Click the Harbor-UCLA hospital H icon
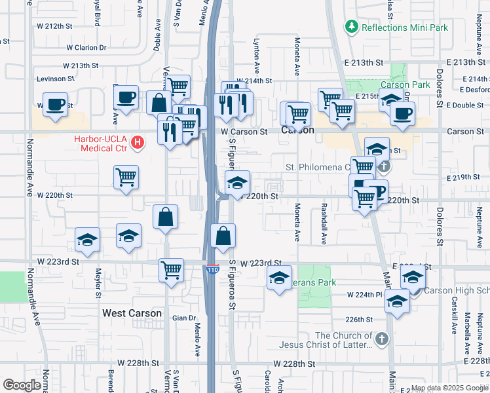[x=138, y=141]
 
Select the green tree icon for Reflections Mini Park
[x=352, y=27]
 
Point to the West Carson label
[x=132, y=313]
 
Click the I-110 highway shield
[x=212, y=269]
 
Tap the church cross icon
[x=383, y=339]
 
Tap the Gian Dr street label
[x=180, y=318]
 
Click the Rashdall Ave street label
[x=323, y=223]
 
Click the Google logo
[x=22, y=385]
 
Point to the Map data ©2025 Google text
[x=449, y=388]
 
